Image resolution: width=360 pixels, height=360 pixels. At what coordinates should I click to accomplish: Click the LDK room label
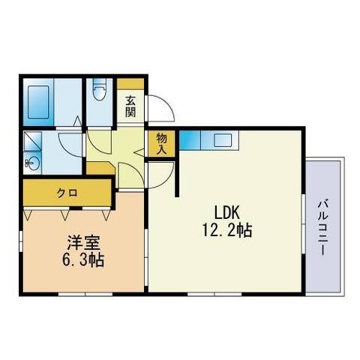227,212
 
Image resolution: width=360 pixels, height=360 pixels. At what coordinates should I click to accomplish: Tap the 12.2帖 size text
227,230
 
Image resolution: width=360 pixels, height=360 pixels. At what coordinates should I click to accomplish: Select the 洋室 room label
83,243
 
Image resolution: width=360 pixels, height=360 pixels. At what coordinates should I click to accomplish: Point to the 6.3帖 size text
83,260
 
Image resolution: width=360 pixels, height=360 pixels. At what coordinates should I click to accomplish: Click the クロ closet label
67,193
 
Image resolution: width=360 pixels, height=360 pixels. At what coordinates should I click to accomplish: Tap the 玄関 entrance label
130,106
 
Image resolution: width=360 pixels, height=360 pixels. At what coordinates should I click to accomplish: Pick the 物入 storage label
161,144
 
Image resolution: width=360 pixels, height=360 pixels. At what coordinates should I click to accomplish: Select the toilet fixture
100,89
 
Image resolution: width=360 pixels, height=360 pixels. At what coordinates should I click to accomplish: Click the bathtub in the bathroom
38,102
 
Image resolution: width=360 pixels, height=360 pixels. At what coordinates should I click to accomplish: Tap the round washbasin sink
33,163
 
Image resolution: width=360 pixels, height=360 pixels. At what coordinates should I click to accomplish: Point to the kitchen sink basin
223,140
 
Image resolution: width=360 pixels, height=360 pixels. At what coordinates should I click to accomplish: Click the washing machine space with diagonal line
32,142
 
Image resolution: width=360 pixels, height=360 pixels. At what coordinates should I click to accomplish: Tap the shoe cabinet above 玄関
130,84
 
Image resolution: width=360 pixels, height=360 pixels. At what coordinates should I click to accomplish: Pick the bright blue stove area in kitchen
190,140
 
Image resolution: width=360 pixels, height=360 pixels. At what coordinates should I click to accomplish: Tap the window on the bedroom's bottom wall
85,295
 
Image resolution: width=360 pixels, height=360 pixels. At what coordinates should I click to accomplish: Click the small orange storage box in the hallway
100,168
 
